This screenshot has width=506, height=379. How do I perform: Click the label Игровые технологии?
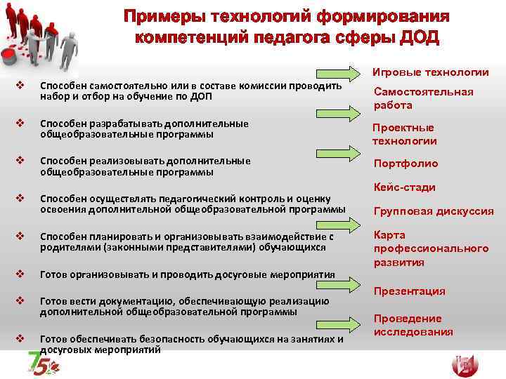pos(431,72)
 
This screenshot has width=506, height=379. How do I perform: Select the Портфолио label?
pos(406,164)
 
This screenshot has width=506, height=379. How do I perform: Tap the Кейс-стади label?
pos(404,187)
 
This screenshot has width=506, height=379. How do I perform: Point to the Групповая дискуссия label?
pos(433,211)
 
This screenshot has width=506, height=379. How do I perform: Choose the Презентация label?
pos(409,291)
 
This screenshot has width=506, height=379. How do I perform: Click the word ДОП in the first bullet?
pos(202,96)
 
